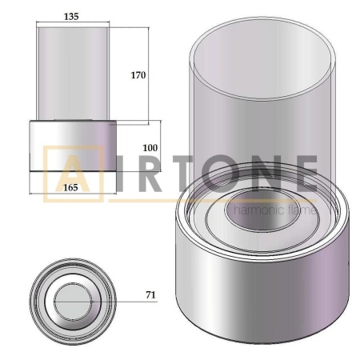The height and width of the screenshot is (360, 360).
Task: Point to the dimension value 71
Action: (x=150, y=295)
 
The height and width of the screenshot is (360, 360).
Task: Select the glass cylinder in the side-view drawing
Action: (x=74, y=72)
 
